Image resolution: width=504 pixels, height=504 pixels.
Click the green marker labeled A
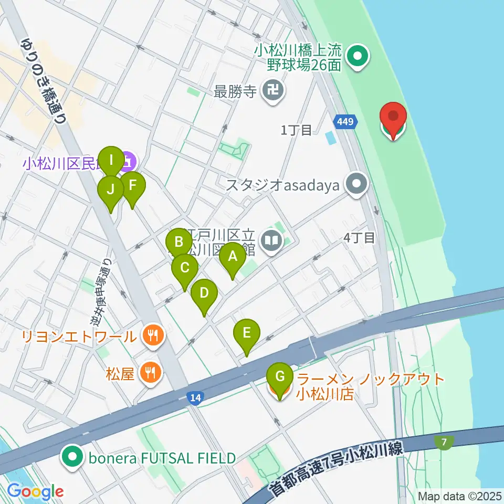(x=232, y=258)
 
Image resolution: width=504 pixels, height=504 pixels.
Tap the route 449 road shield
(x=345, y=122)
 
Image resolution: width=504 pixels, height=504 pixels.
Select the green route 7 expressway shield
(x=444, y=443)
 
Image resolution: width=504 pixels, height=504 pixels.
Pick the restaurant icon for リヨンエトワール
(x=153, y=335)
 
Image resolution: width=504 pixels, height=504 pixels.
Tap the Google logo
(x=36, y=491)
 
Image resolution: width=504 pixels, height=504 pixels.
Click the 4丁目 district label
(x=360, y=237)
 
